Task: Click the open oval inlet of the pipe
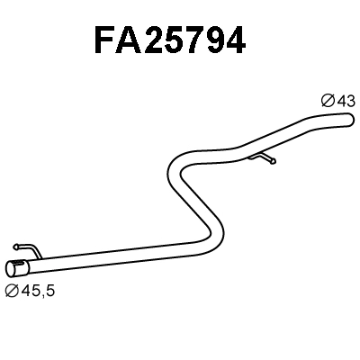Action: coord(14,268)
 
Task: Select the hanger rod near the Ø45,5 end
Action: coord(28,247)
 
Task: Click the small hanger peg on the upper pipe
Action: coord(266,159)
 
